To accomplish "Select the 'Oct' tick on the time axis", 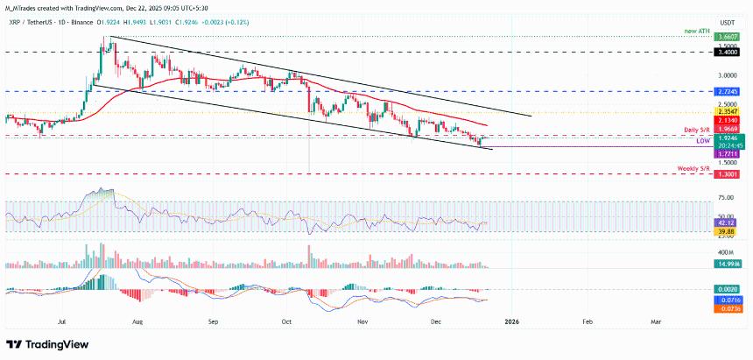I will point(285,321).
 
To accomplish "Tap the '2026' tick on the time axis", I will point(513,321).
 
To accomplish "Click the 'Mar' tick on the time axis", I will point(656,321).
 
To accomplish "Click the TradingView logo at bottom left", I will point(44,343).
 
